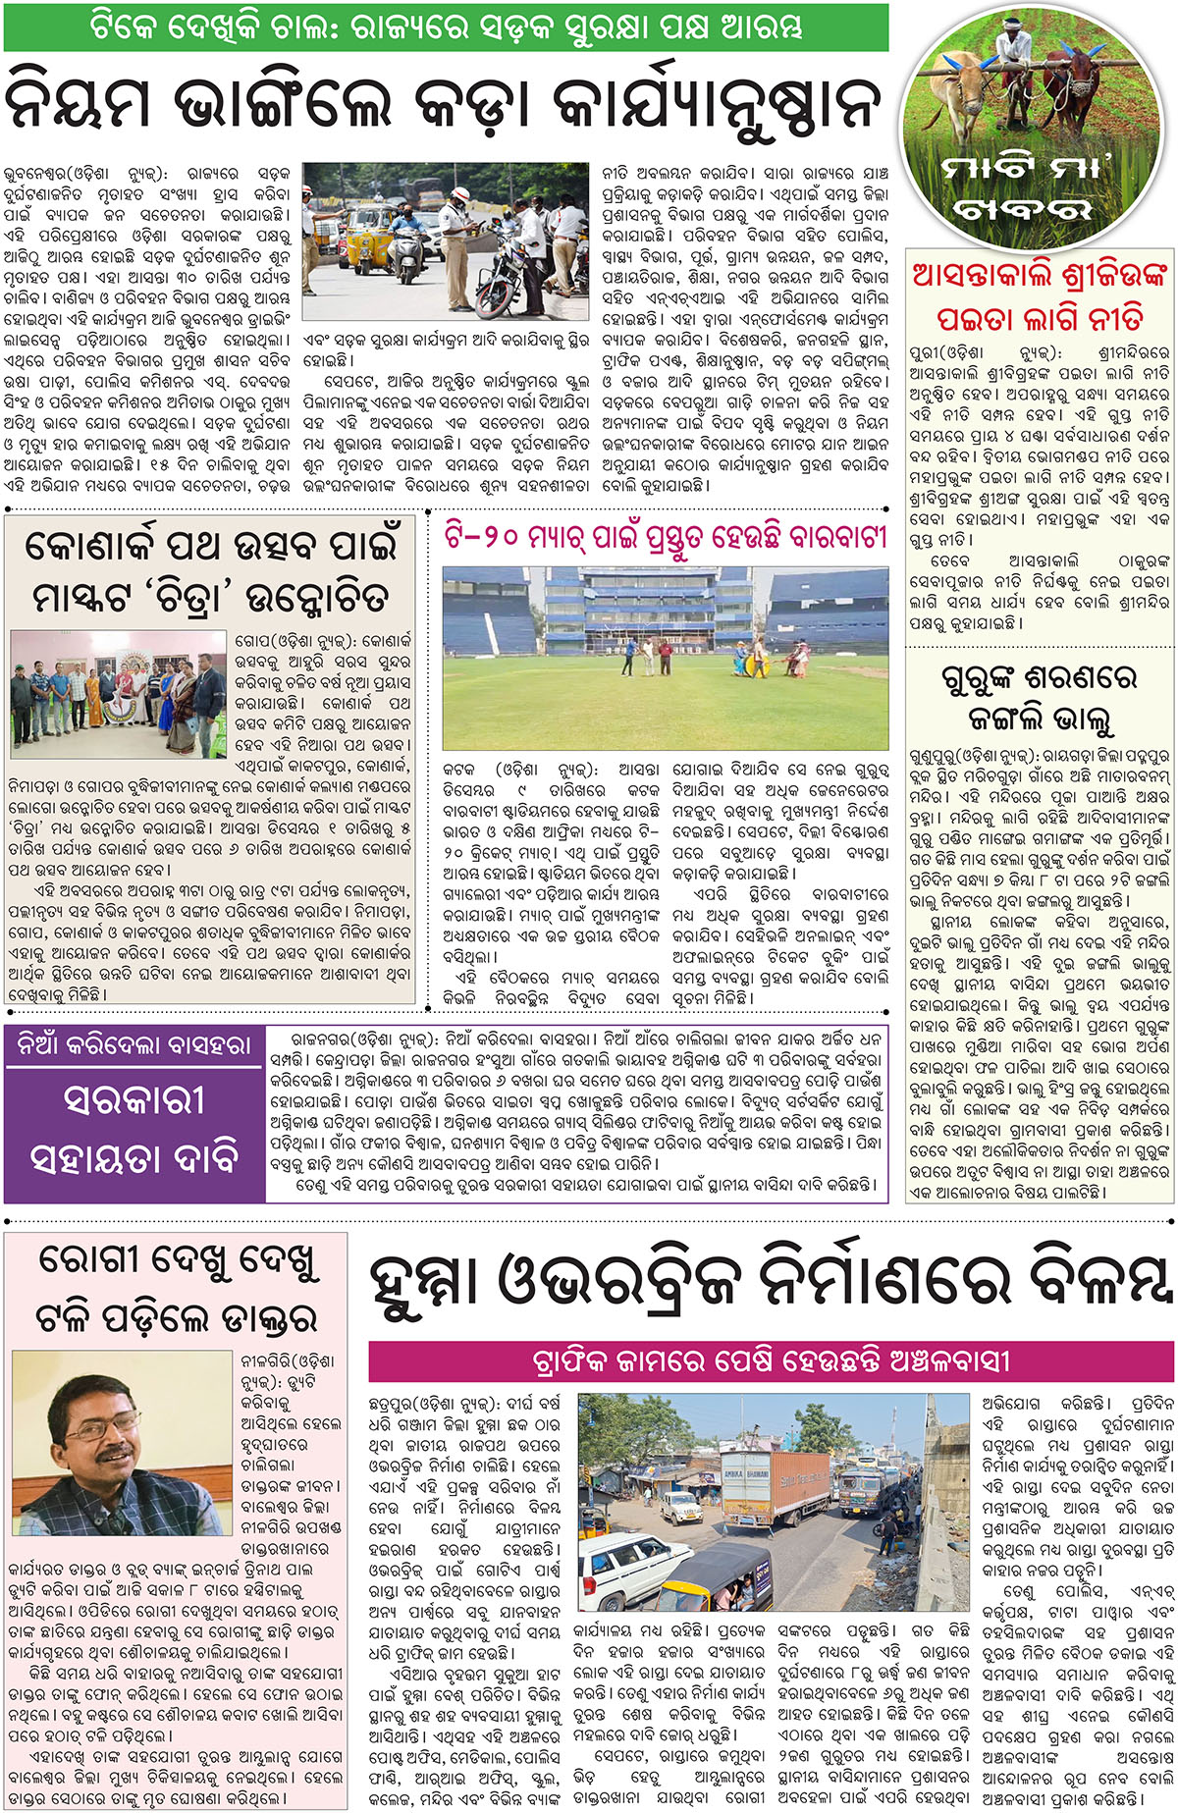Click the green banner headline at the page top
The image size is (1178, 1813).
tap(447, 27)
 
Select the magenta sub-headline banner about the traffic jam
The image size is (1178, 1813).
tap(771, 1361)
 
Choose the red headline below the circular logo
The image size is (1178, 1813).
tap(1039, 295)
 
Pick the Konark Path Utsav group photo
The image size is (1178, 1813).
tap(119, 694)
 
